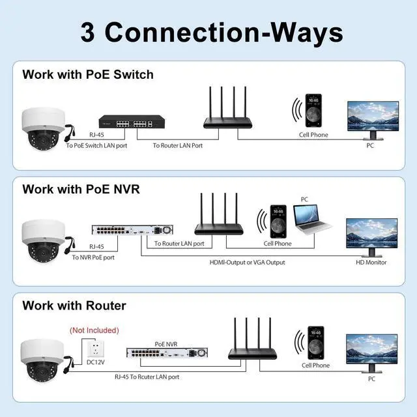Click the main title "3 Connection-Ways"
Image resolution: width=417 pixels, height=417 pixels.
click(x=211, y=31)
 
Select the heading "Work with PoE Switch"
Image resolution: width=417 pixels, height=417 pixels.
click(x=87, y=74)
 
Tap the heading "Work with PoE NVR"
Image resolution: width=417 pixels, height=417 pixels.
click(x=81, y=189)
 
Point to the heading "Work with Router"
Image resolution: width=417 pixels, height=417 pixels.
click(x=74, y=305)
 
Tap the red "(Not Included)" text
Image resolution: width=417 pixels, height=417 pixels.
click(x=94, y=330)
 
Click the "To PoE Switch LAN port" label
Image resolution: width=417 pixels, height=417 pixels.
click(x=96, y=145)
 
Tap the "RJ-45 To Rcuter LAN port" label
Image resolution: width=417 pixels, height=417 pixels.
click(x=147, y=377)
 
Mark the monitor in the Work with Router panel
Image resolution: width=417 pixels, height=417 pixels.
click(x=371, y=351)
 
